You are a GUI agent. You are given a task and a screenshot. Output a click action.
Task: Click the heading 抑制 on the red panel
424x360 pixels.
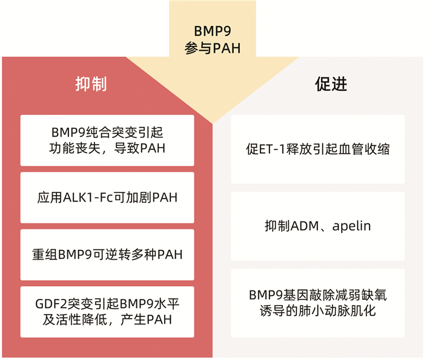point(91,84)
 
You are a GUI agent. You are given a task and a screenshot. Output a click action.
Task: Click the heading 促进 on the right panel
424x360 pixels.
point(331,84)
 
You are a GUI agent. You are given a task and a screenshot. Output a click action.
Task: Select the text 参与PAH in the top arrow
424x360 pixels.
point(213,48)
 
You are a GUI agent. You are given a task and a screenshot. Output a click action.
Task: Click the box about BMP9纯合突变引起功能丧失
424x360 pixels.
point(107,140)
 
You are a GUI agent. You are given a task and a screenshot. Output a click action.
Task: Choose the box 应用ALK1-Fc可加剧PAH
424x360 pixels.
point(107,197)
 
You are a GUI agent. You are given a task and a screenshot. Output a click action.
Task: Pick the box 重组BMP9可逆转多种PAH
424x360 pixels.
point(107,254)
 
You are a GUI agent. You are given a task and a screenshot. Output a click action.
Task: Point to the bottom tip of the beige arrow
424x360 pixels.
point(213,122)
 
